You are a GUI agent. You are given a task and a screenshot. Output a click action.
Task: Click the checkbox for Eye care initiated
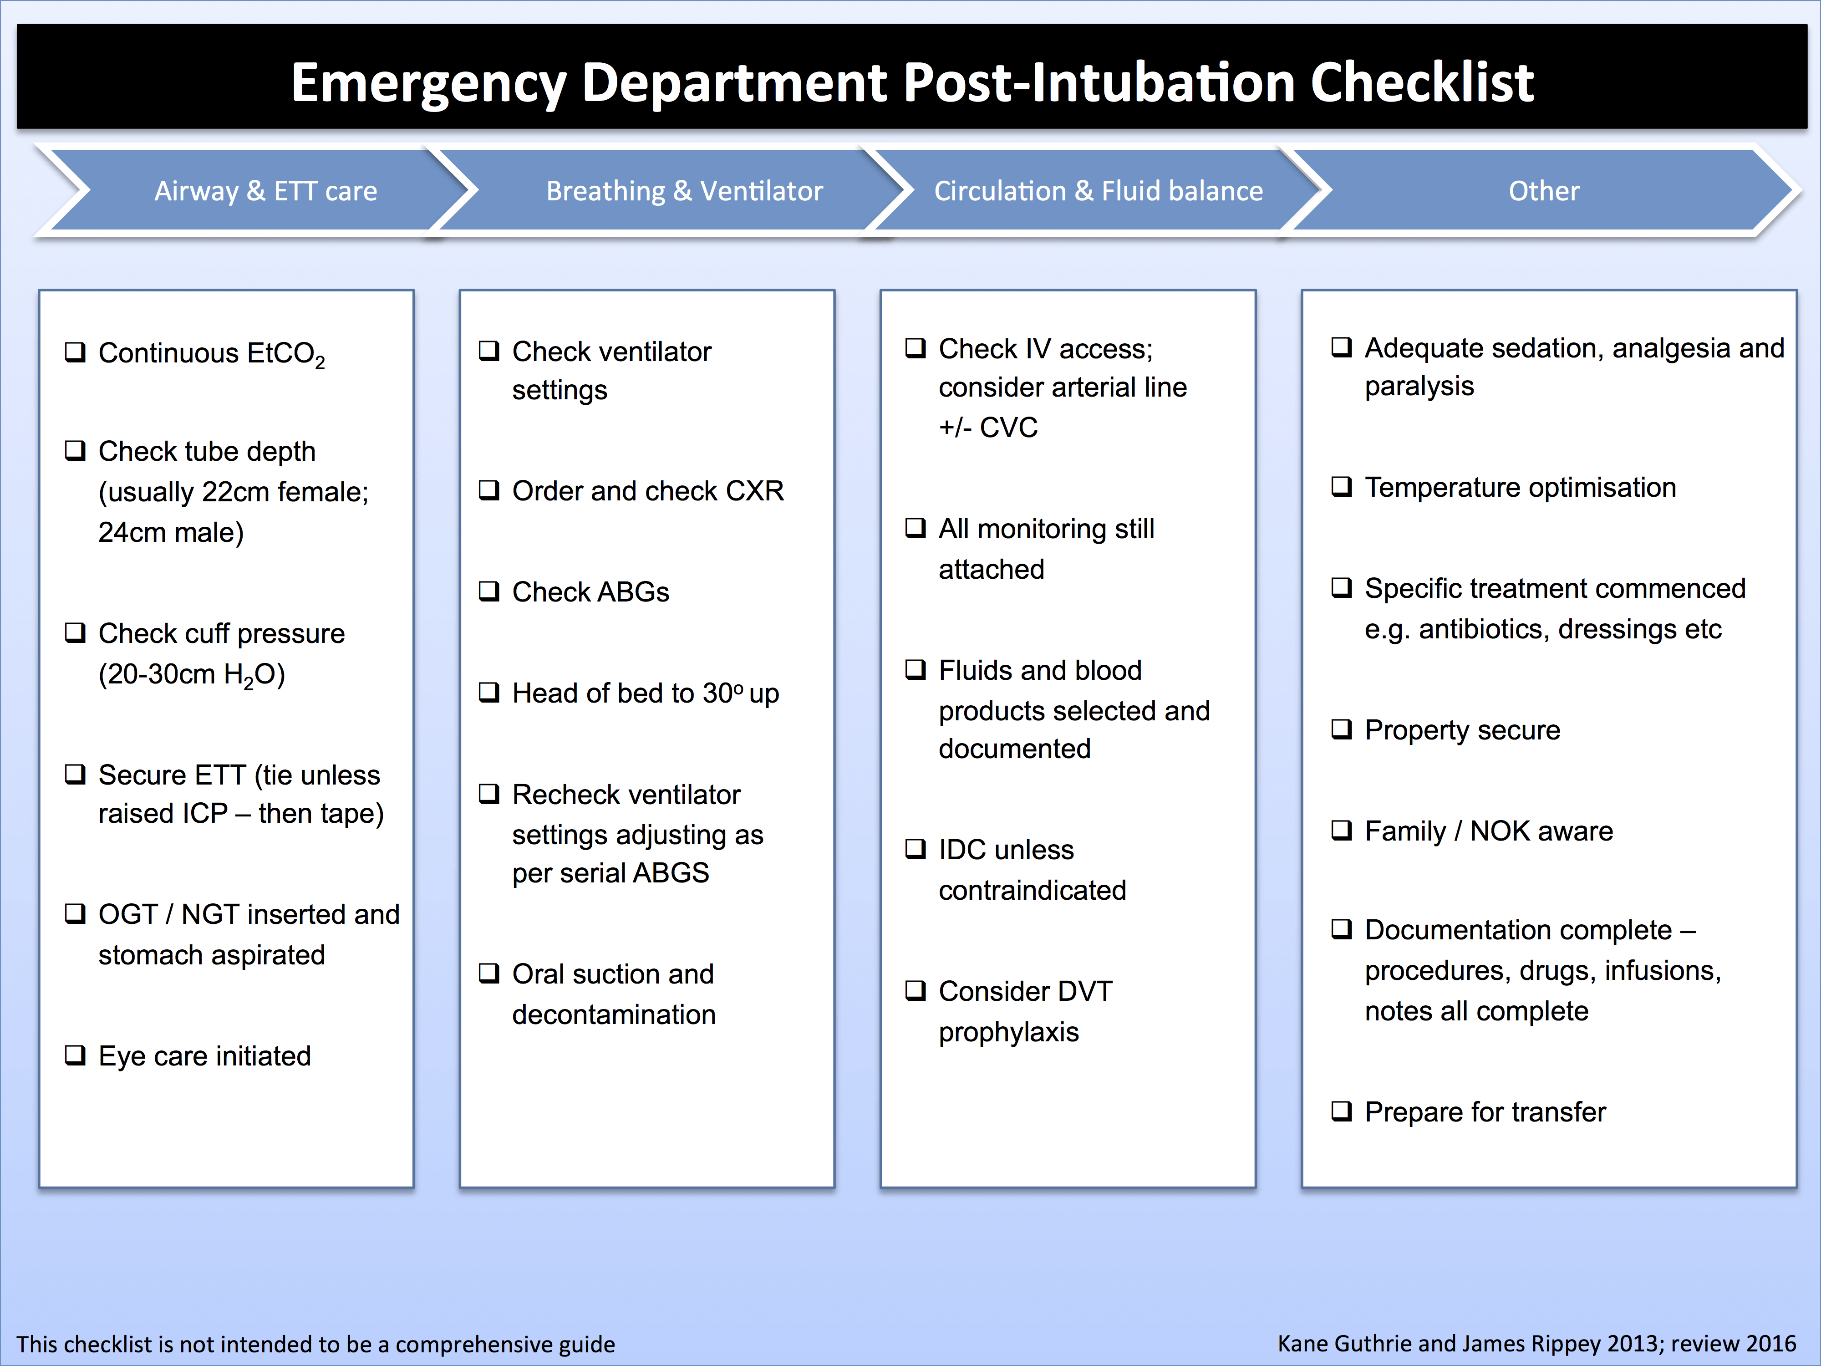point(75,1055)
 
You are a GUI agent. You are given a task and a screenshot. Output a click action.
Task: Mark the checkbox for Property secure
point(1342,729)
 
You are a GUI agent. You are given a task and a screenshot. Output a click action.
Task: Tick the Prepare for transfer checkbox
point(1342,1111)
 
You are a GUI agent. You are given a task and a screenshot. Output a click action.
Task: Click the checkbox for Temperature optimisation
point(1342,487)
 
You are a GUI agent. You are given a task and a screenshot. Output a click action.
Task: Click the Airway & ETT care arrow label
point(266,191)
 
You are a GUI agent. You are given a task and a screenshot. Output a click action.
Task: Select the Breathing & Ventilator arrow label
point(684,191)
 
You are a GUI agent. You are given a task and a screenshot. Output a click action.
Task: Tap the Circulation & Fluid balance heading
point(1098,191)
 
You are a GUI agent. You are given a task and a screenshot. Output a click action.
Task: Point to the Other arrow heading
point(1544,191)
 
